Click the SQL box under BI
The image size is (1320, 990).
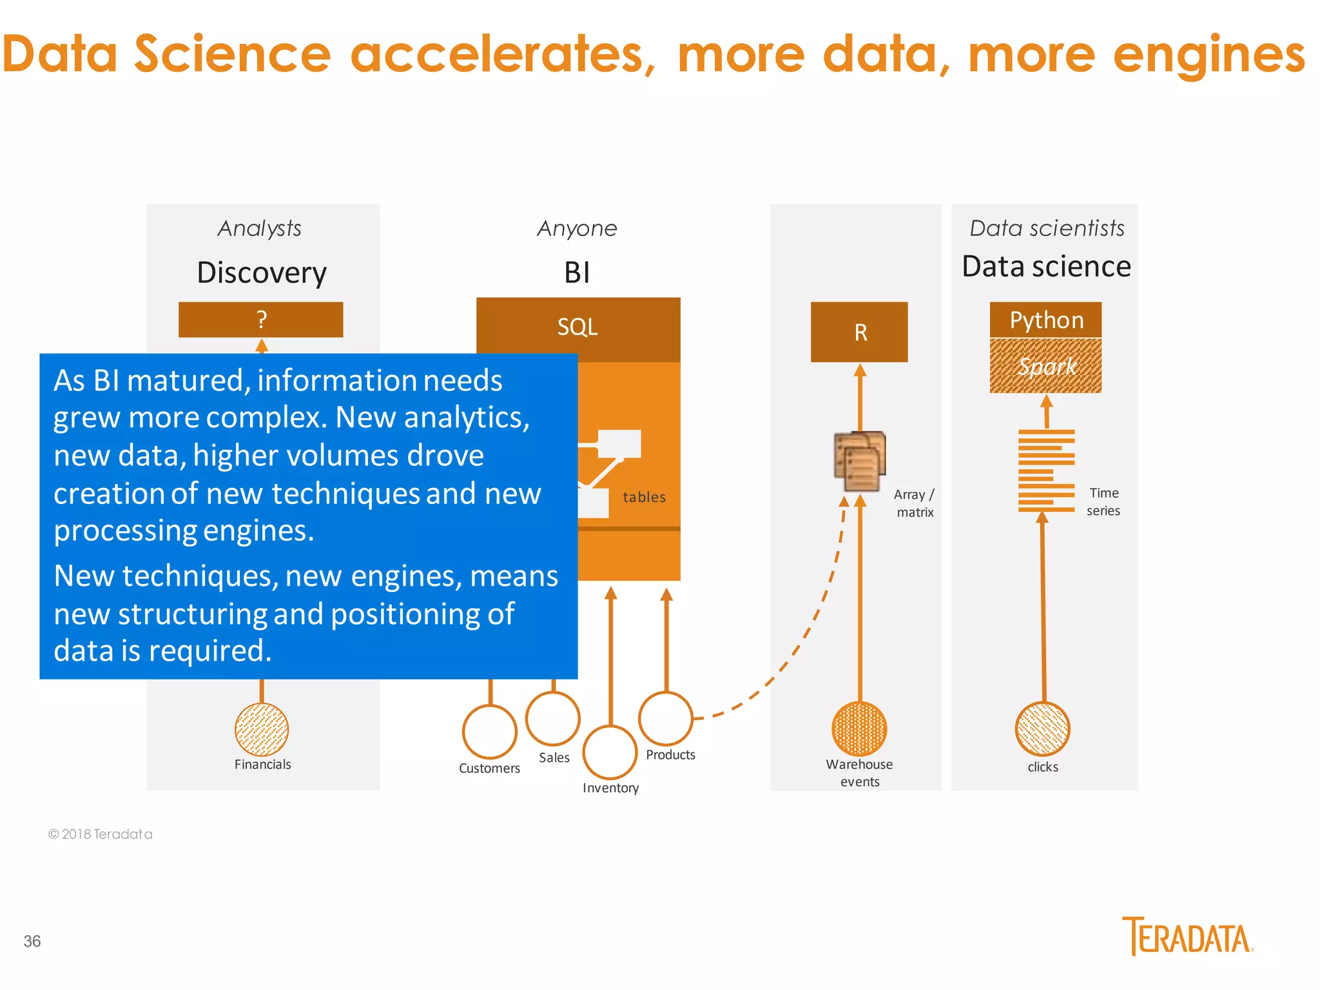tap(578, 328)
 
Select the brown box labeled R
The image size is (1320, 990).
tap(859, 332)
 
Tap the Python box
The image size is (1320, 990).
tap(1045, 320)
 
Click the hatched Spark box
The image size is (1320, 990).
tap(1045, 366)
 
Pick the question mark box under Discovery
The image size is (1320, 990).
tap(261, 320)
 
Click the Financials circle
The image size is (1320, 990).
tap(262, 729)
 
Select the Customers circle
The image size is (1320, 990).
tap(490, 732)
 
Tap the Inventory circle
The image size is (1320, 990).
tap(610, 752)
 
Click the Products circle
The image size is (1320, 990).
tap(666, 718)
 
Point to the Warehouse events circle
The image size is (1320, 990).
tap(859, 728)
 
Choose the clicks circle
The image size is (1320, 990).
tap(1042, 728)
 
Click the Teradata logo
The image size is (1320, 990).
tap(1187, 937)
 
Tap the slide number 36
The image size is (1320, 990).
tap(32, 941)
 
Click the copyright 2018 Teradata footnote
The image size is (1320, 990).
tap(101, 834)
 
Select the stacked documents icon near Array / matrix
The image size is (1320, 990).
tap(860, 461)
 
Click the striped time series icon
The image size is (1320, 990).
tap(1046, 471)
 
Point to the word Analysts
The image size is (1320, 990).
tap(260, 228)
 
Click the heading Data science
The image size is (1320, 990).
tap(1046, 266)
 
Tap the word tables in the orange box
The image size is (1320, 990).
tap(644, 497)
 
